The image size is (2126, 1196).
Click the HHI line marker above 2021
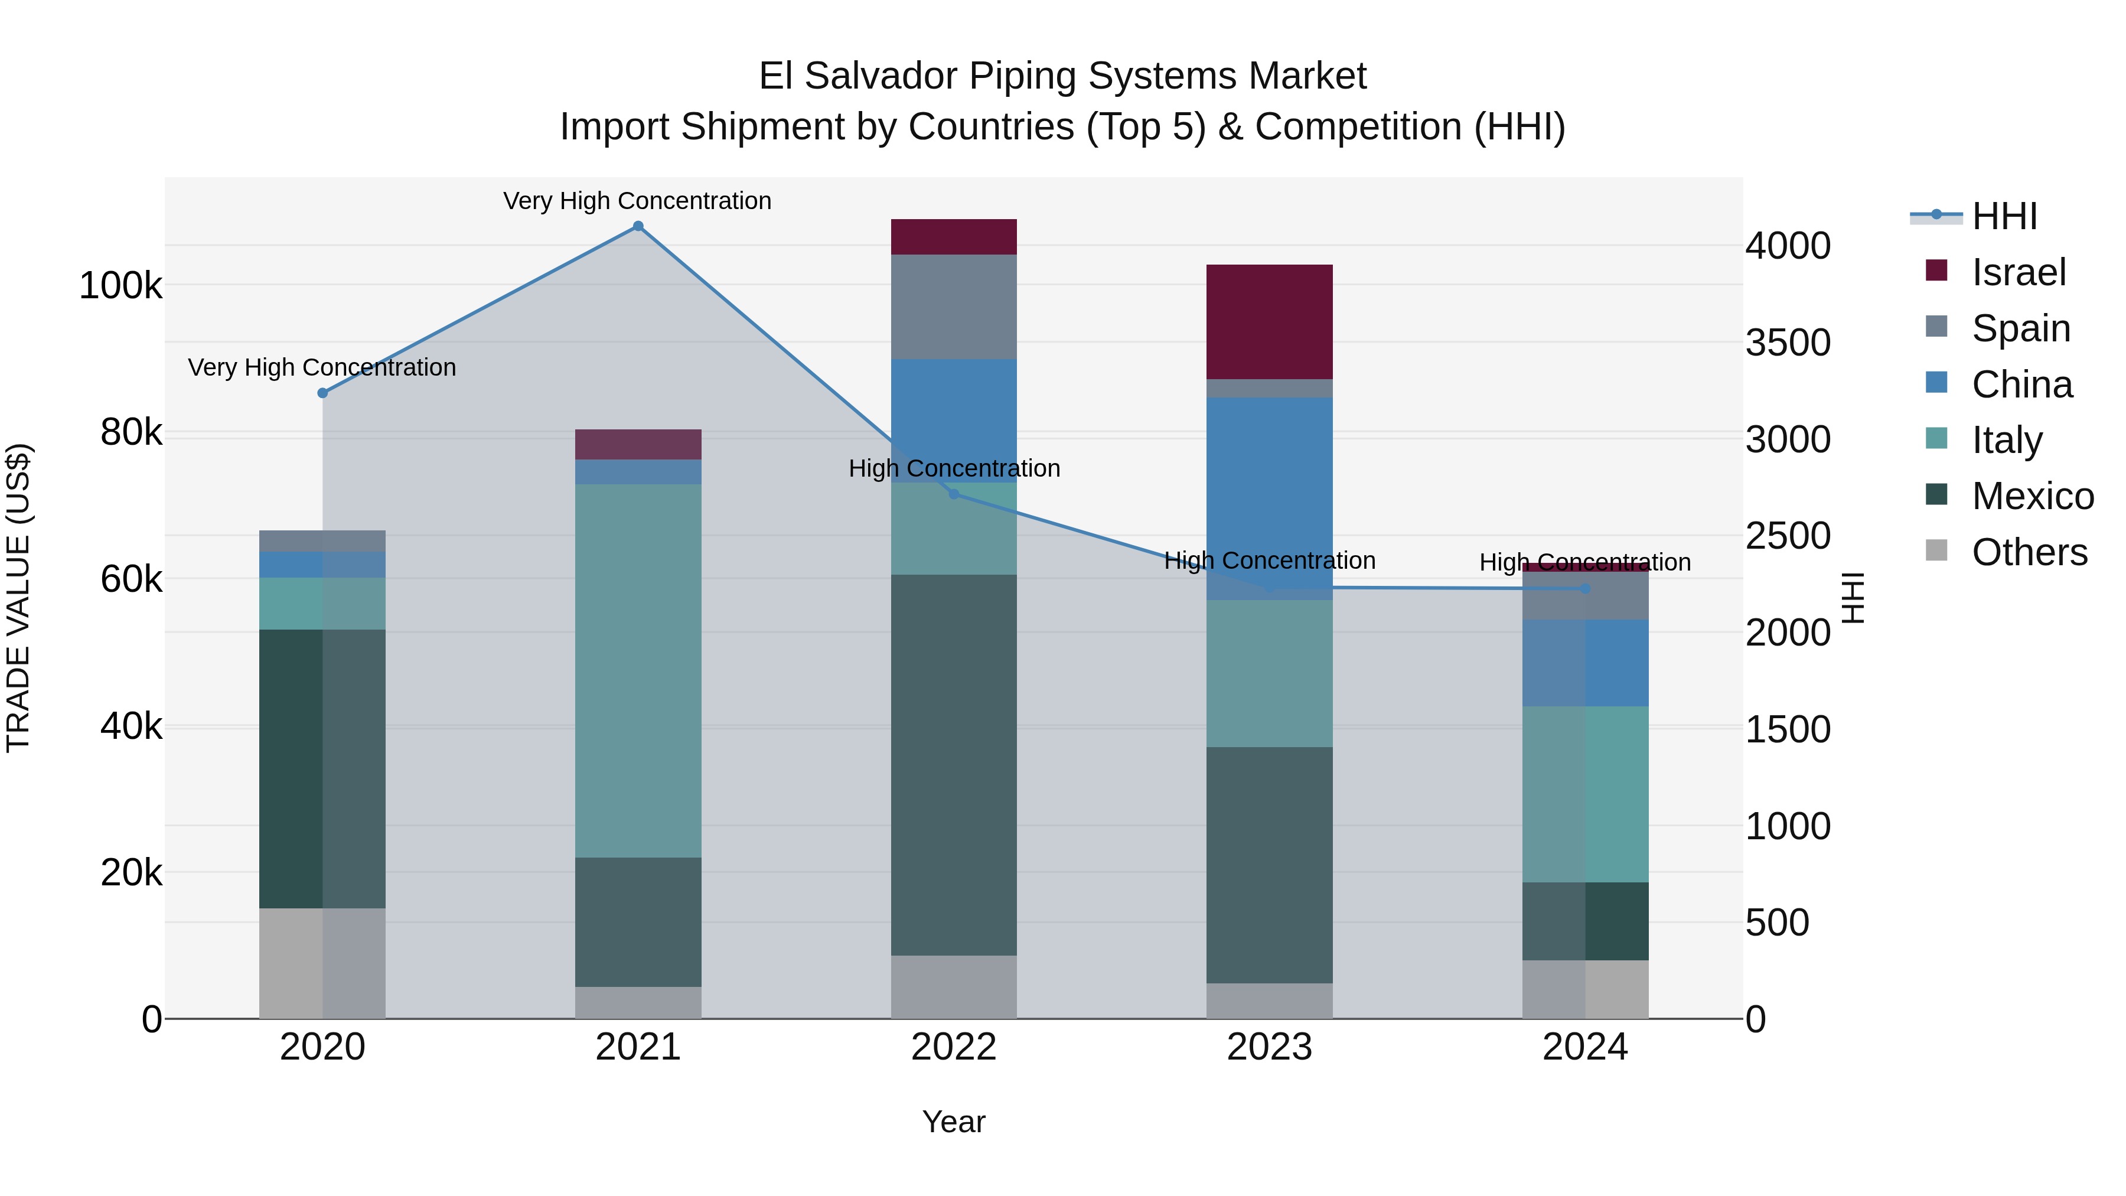638,226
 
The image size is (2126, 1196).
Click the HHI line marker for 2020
322,393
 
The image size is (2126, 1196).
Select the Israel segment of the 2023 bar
1269,322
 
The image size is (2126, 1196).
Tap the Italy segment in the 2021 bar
638,670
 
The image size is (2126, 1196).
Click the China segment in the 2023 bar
1269,498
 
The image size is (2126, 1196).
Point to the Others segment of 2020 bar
322,963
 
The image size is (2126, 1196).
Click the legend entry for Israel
2018,272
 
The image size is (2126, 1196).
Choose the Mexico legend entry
2032,496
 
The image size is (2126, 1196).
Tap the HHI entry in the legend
2004,216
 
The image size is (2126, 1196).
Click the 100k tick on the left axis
120,286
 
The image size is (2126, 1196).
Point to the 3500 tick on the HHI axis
1788,343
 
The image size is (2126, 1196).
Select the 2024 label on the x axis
1584,1047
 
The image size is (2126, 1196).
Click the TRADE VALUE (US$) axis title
18,598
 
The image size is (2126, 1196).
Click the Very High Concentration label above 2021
637,201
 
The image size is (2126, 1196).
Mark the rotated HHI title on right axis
1854,598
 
